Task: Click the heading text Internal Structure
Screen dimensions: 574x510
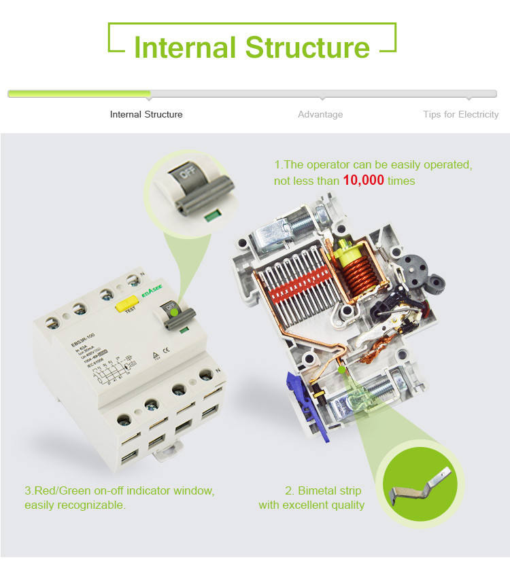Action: (252, 47)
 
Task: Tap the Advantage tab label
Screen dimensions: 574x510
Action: (320, 114)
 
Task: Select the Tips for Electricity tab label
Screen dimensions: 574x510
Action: (460, 114)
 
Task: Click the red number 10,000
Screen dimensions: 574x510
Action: (363, 180)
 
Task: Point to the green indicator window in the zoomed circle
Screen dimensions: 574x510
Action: (212, 217)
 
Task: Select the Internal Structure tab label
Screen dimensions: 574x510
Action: (146, 114)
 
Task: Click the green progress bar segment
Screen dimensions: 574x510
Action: (79, 94)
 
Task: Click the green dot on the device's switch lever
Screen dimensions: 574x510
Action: (174, 312)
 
